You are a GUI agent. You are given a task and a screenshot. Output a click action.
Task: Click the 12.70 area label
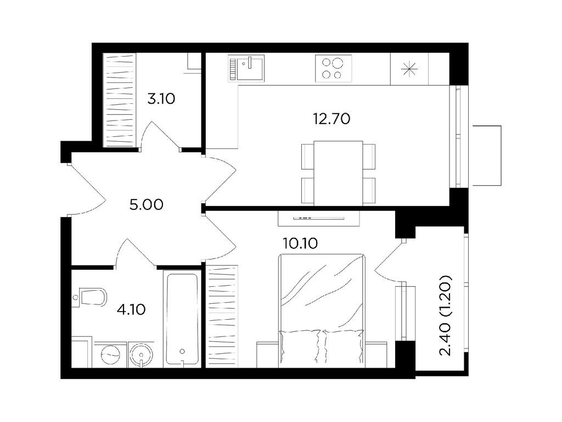(x=331, y=119)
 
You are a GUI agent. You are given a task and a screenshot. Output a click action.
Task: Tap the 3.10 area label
(x=161, y=98)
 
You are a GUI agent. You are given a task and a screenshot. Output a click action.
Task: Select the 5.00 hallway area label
(x=146, y=205)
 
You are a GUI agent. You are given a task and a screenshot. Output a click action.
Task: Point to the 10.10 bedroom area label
(x=300, y=243)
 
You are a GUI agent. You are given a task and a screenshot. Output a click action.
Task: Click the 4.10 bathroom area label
(x=131, y=309)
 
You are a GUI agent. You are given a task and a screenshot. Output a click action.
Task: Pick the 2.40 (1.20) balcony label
(x=446, y=315)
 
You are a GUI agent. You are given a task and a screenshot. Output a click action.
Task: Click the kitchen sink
(x=246, y=68)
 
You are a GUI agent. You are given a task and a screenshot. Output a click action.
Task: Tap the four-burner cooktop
(x=333, y=68)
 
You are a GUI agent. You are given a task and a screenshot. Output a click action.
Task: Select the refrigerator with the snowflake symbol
(x=409, y=69)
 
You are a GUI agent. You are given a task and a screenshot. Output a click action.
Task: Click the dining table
(x=338, y=173)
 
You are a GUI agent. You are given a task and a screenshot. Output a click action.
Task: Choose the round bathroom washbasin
(x=142, y=354)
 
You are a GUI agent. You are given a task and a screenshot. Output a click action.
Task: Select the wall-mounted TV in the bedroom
(x=319, y=218)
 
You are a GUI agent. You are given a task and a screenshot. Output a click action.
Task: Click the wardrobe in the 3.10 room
(x=120, y=100)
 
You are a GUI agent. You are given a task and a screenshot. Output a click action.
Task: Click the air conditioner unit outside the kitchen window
(x=487, y=156)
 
